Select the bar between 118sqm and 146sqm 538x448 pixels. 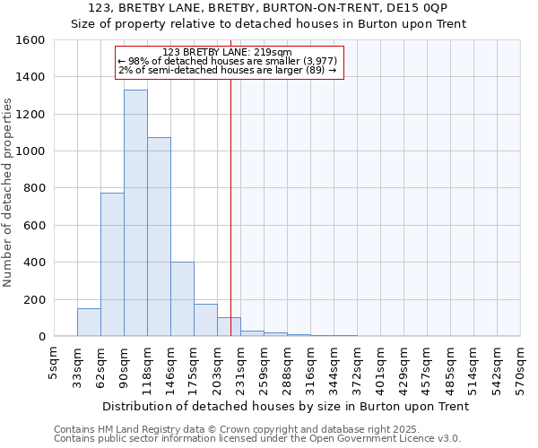(x=159, y=237)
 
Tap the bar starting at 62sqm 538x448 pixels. (x=112, y=264)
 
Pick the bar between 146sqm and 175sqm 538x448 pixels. (x=182, y=299)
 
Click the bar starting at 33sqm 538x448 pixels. (x=89, y=323)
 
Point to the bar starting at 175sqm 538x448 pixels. (x=205, y=320)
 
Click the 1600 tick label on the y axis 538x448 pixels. (x=30, y=40)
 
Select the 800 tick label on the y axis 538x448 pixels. (x=33, y=188)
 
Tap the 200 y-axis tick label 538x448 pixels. (x=33, y=299)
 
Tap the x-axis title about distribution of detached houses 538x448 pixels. (x=286, y=406)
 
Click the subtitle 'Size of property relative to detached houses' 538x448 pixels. (x=268, y=23)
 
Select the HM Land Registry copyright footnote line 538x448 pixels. (x=237, y=429)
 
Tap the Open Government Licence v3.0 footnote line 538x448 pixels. (x=257, y=438)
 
